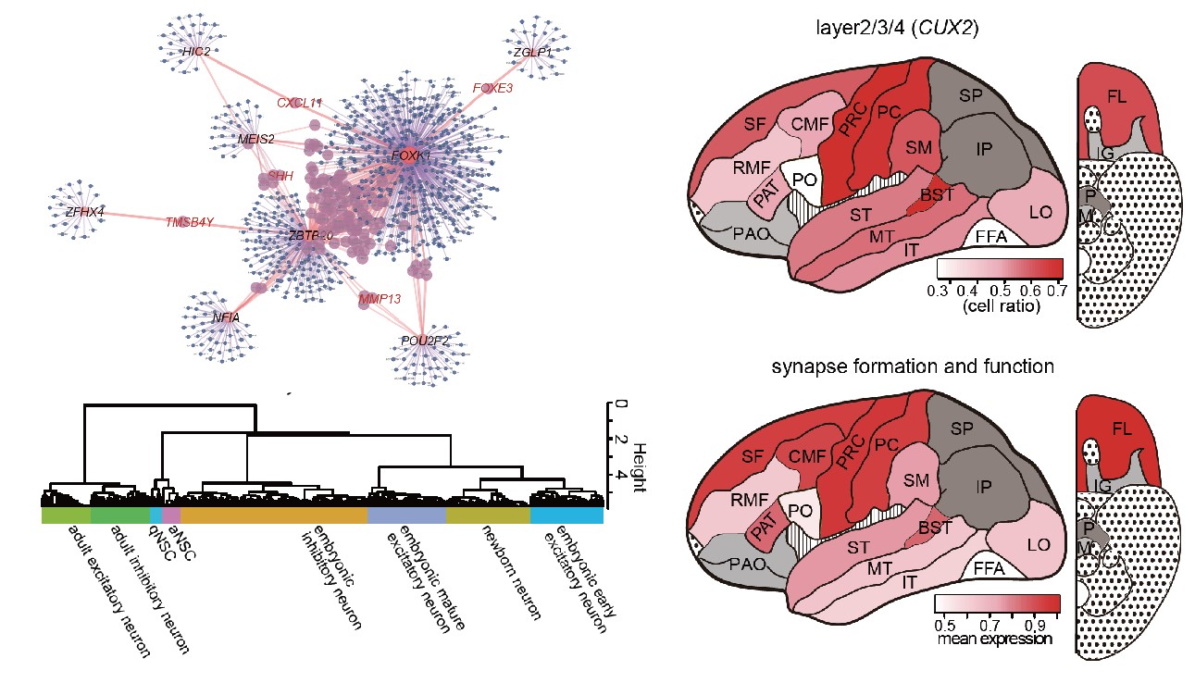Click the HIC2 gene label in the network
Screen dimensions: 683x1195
coord(196,52)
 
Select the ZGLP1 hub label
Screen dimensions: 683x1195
coord(533,54)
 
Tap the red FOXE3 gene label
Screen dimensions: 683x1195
coord(492,89)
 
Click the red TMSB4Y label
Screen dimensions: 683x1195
coord(190,222)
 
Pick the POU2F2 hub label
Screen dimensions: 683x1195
coord(425,341)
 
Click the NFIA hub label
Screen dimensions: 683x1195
coord(226,317)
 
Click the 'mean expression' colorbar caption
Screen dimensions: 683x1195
coord(995,639)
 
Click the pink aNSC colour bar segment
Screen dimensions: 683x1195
coord(170,514)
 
